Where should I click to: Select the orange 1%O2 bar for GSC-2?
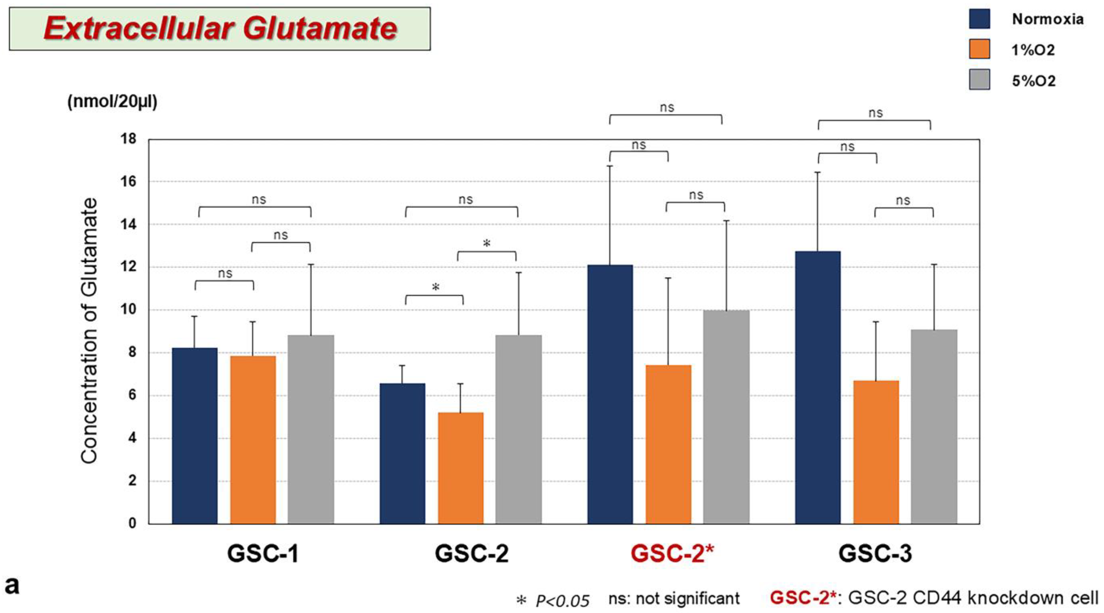point(461,468)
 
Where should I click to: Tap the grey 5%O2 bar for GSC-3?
point(934,427)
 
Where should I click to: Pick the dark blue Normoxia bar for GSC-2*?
point(610,394)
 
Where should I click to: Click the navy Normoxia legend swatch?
point(979,19)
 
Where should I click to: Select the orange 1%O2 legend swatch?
point(979,49)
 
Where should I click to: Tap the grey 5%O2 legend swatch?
point(979,79)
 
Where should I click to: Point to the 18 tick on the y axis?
point(129,139)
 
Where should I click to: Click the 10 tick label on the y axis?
point(129,309)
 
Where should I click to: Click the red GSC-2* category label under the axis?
point(672,553)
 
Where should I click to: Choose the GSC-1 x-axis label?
point(263,553)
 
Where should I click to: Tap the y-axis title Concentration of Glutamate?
point(89,331)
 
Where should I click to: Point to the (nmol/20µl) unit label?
point(112,102)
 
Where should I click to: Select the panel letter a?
point(12,585)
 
